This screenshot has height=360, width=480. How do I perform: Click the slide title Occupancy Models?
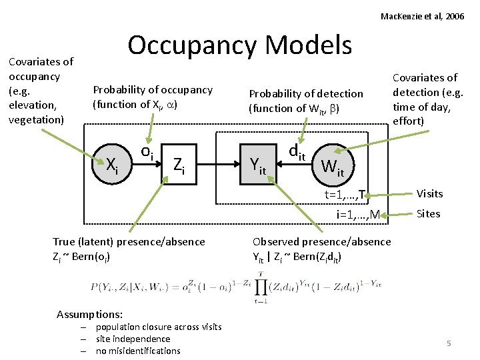coord(240,46)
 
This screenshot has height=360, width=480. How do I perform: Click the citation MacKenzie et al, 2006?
coord(422,16)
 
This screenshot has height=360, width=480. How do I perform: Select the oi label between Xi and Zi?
coord(147,153)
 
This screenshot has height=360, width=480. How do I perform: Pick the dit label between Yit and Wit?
coord(297,153)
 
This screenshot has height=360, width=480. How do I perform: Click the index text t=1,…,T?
coord(344,195)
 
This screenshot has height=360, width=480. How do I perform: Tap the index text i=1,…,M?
coord(358,214)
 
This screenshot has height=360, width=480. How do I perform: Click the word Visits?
coord(429,194)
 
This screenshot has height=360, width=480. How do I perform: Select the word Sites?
coord(428,214)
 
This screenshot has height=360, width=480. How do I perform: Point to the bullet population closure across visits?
coord(159,327)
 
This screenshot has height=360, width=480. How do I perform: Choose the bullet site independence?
coord(133,339)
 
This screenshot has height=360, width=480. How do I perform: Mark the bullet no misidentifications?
coord(138,351)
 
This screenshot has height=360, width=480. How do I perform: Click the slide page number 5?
coord(449,343)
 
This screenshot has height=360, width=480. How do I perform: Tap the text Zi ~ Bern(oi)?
coord(81,257)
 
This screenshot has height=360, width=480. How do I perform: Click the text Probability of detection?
coord(306,94)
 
